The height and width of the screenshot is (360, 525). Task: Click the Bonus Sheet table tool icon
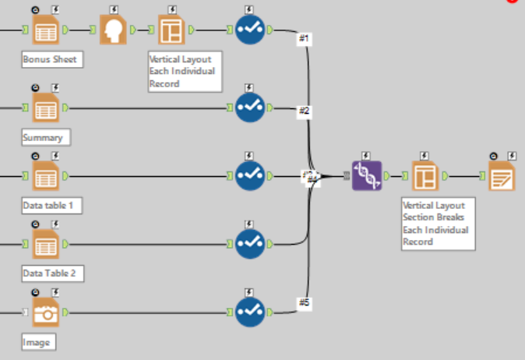pos(46,30)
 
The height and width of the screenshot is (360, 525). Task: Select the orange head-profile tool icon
pos(114,30)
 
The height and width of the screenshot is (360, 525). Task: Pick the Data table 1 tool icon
pos(46,176)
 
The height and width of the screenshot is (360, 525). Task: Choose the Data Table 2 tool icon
pos(46,244)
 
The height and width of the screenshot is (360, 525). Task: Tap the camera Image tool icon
pos(46,312)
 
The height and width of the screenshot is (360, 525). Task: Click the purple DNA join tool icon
pos(366,175)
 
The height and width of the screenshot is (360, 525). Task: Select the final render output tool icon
pos(502,176)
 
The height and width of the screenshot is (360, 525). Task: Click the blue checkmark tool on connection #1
pos(249,30)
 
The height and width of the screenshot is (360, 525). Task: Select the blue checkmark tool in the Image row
pos(249,312)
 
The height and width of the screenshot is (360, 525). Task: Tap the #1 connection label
pos(305,39)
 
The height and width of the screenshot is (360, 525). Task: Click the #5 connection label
pos(305,303)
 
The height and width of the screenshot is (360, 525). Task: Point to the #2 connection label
pos(305,112)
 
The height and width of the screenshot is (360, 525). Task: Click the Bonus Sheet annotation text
pos(50,59)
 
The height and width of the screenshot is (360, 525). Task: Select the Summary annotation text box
pos(46,137)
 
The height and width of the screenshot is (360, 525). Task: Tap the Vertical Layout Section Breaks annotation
pos(437,223)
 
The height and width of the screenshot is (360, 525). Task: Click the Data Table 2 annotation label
pos(52,274)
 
